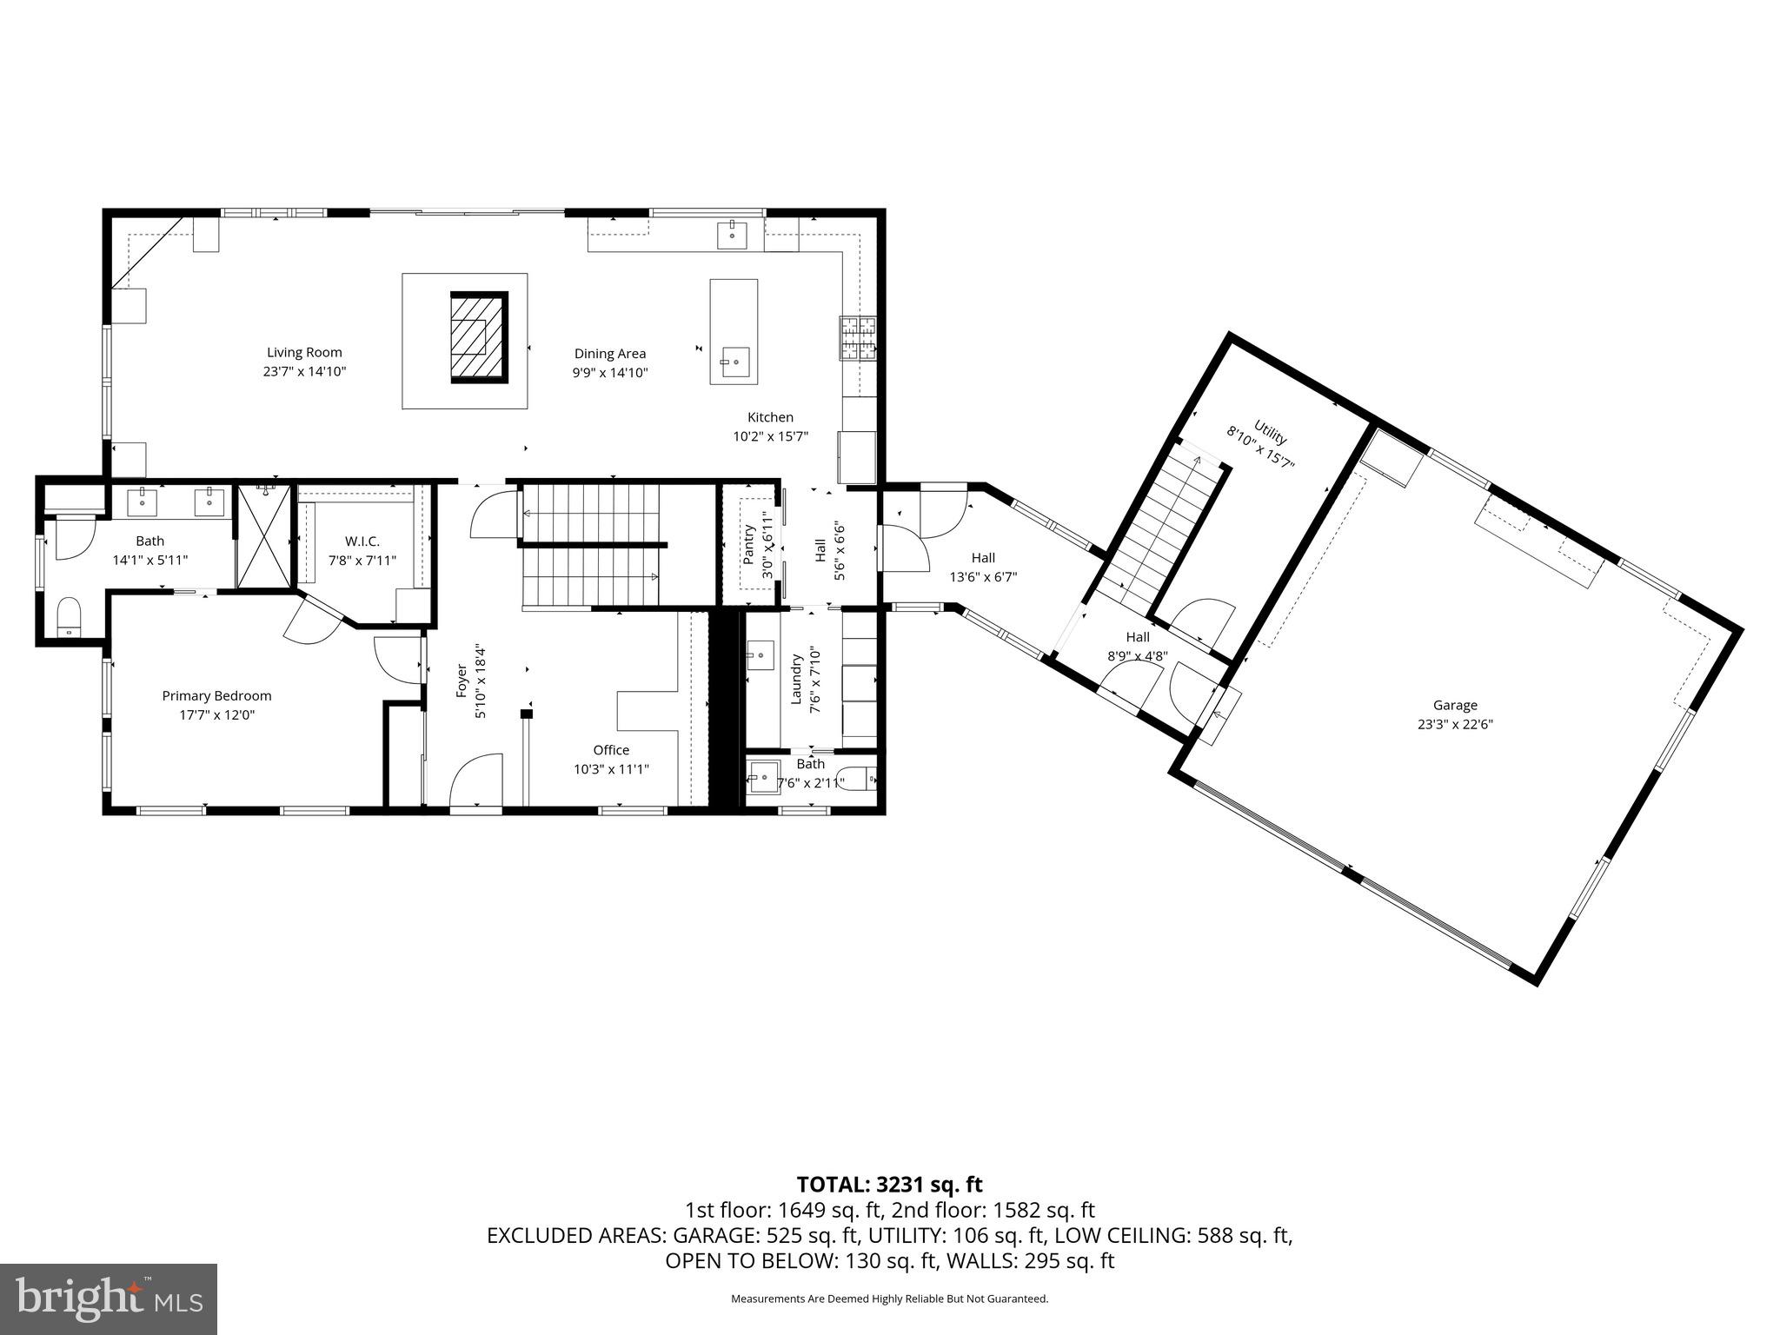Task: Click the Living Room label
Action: pyautogui.click(x=304, y=352)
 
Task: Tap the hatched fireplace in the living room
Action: pyautogui.click(x=478, y=337)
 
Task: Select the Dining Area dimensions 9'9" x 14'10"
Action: pyautogui.click(x=609, y=373)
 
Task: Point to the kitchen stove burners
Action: pyautogui.click(x=859, y=338)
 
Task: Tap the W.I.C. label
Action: pyautogui.click(x=362, y=541)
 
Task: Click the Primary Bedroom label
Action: pyautogui.click(x=216, y=695)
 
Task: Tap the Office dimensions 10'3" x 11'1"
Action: pyautogui.click(x=611, y=769)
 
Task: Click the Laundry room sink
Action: pyautogui.click(x=760, y=654)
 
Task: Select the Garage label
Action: pyautogui.click(x=1455, y=705)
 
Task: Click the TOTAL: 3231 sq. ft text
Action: pyautogui.click(x=889, y=1184)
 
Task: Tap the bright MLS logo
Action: pyautogui.click(x=109, y=1298)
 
